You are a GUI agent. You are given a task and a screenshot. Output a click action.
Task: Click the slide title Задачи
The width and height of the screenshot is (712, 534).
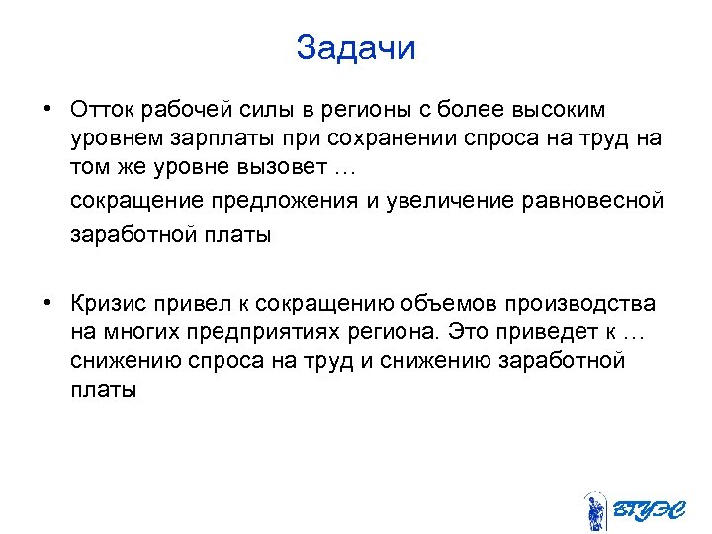356,48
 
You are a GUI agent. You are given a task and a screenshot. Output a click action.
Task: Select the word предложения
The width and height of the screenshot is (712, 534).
275,201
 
